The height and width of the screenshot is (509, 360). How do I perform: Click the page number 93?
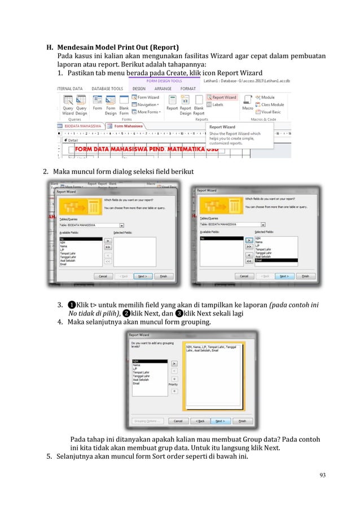pos(322,474)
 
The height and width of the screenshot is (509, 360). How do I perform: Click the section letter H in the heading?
pos(49,47)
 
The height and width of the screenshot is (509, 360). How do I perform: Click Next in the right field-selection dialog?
pos(283,277)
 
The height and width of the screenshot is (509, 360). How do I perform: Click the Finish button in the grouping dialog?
pos(243,420)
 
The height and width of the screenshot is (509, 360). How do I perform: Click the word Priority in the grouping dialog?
pos(174,384)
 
